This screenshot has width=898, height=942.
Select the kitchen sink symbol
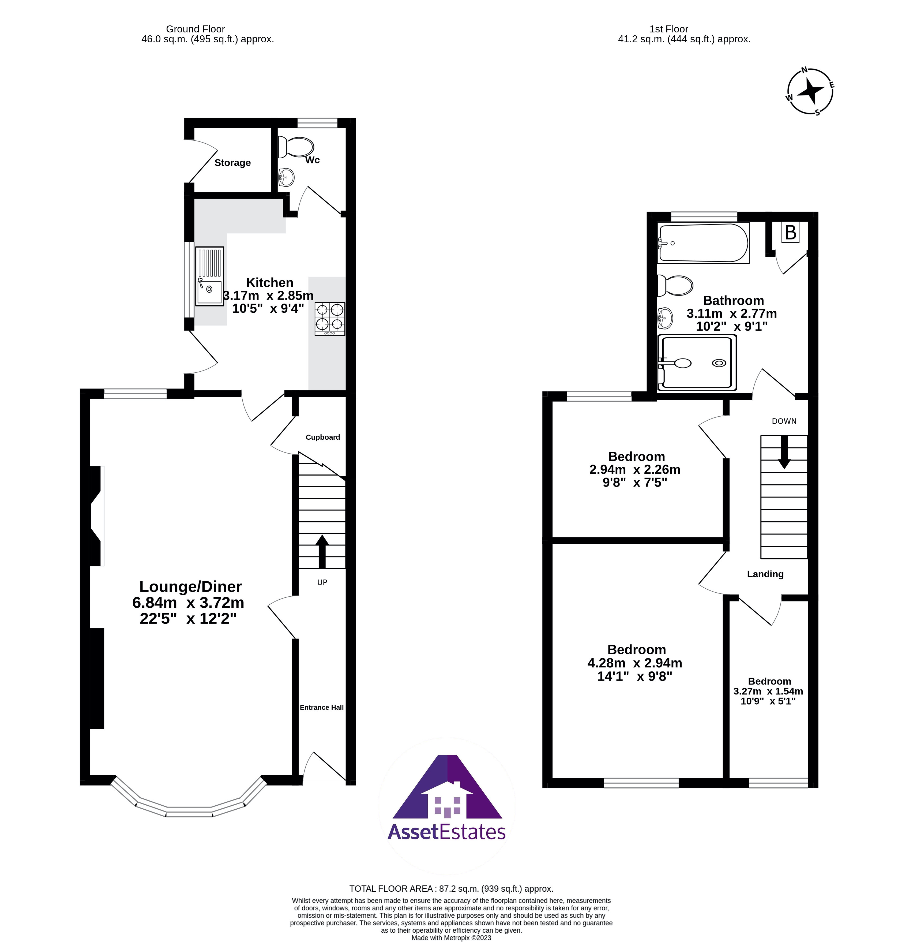point(209,276)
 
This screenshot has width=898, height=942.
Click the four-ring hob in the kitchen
point(329,319)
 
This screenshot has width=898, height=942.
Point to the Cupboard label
point(323,437)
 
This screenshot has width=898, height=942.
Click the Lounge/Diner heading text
point(190,587)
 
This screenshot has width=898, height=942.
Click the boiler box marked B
point(791,233)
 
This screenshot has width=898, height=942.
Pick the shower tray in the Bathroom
point(697,362)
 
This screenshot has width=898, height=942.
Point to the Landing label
point(765,574)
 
